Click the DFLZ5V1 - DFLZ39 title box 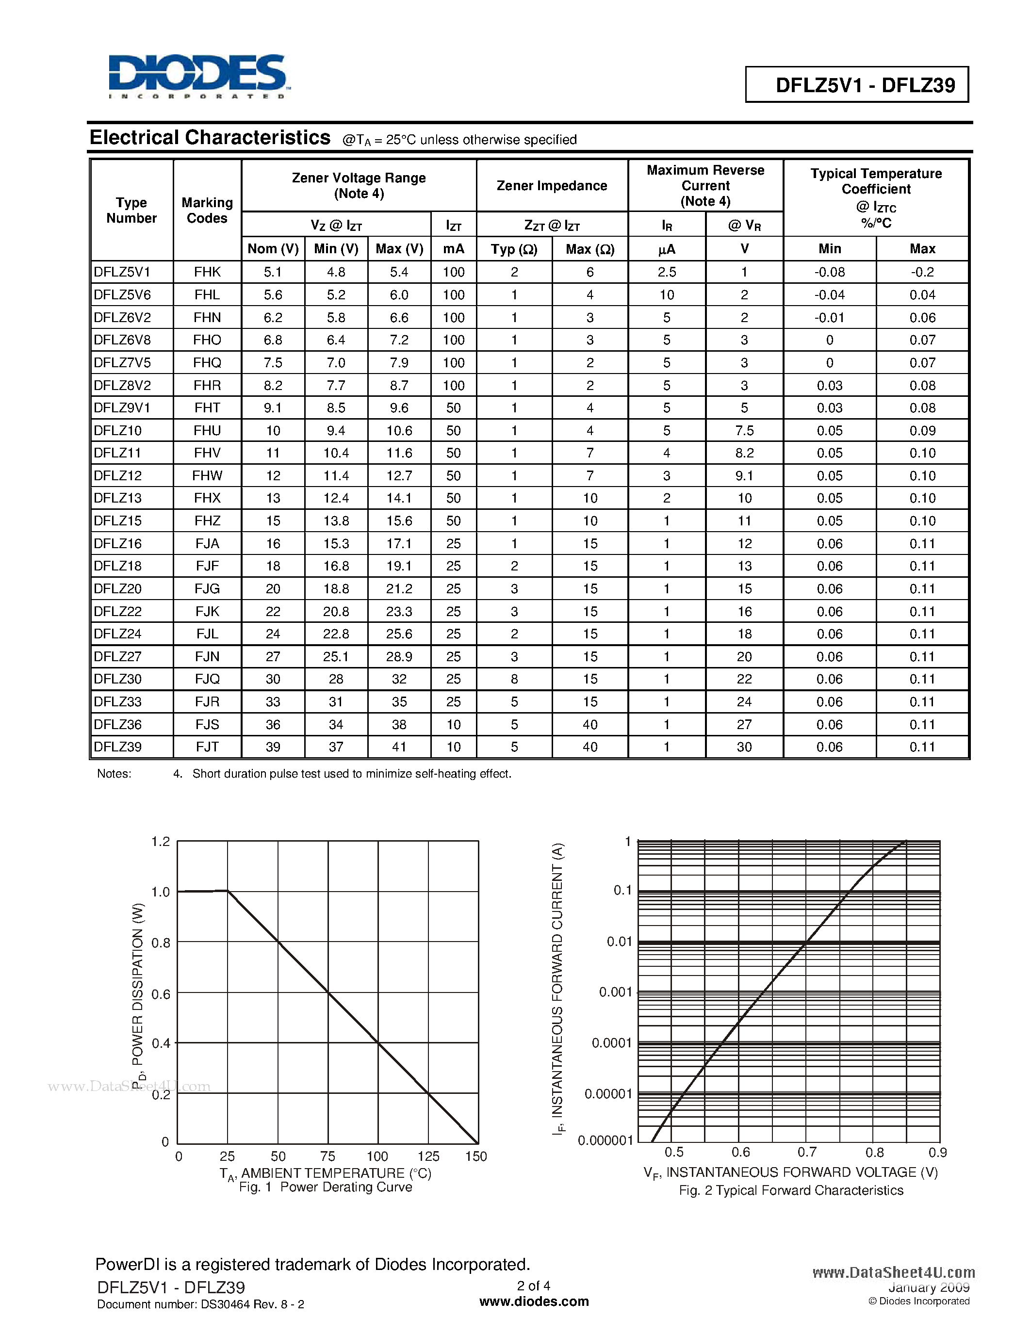tap(856, 84)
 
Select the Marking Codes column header tap(207, 210)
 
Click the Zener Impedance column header tap(552, 186)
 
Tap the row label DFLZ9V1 tap(122, 407)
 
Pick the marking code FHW tap(207, 475)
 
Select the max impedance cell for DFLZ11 tap(589, 453)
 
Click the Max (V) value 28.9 tap(399, 657)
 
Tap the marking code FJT tap(207, 747)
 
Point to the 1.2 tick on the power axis tap(161, 842)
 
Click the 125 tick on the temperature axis tap(428, 1156)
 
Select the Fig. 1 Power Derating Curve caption tap(325, 1187)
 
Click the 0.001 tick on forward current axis tap(615, 992)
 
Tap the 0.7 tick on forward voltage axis tap(807, 1152)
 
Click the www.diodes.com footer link tap(534, 1301)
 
